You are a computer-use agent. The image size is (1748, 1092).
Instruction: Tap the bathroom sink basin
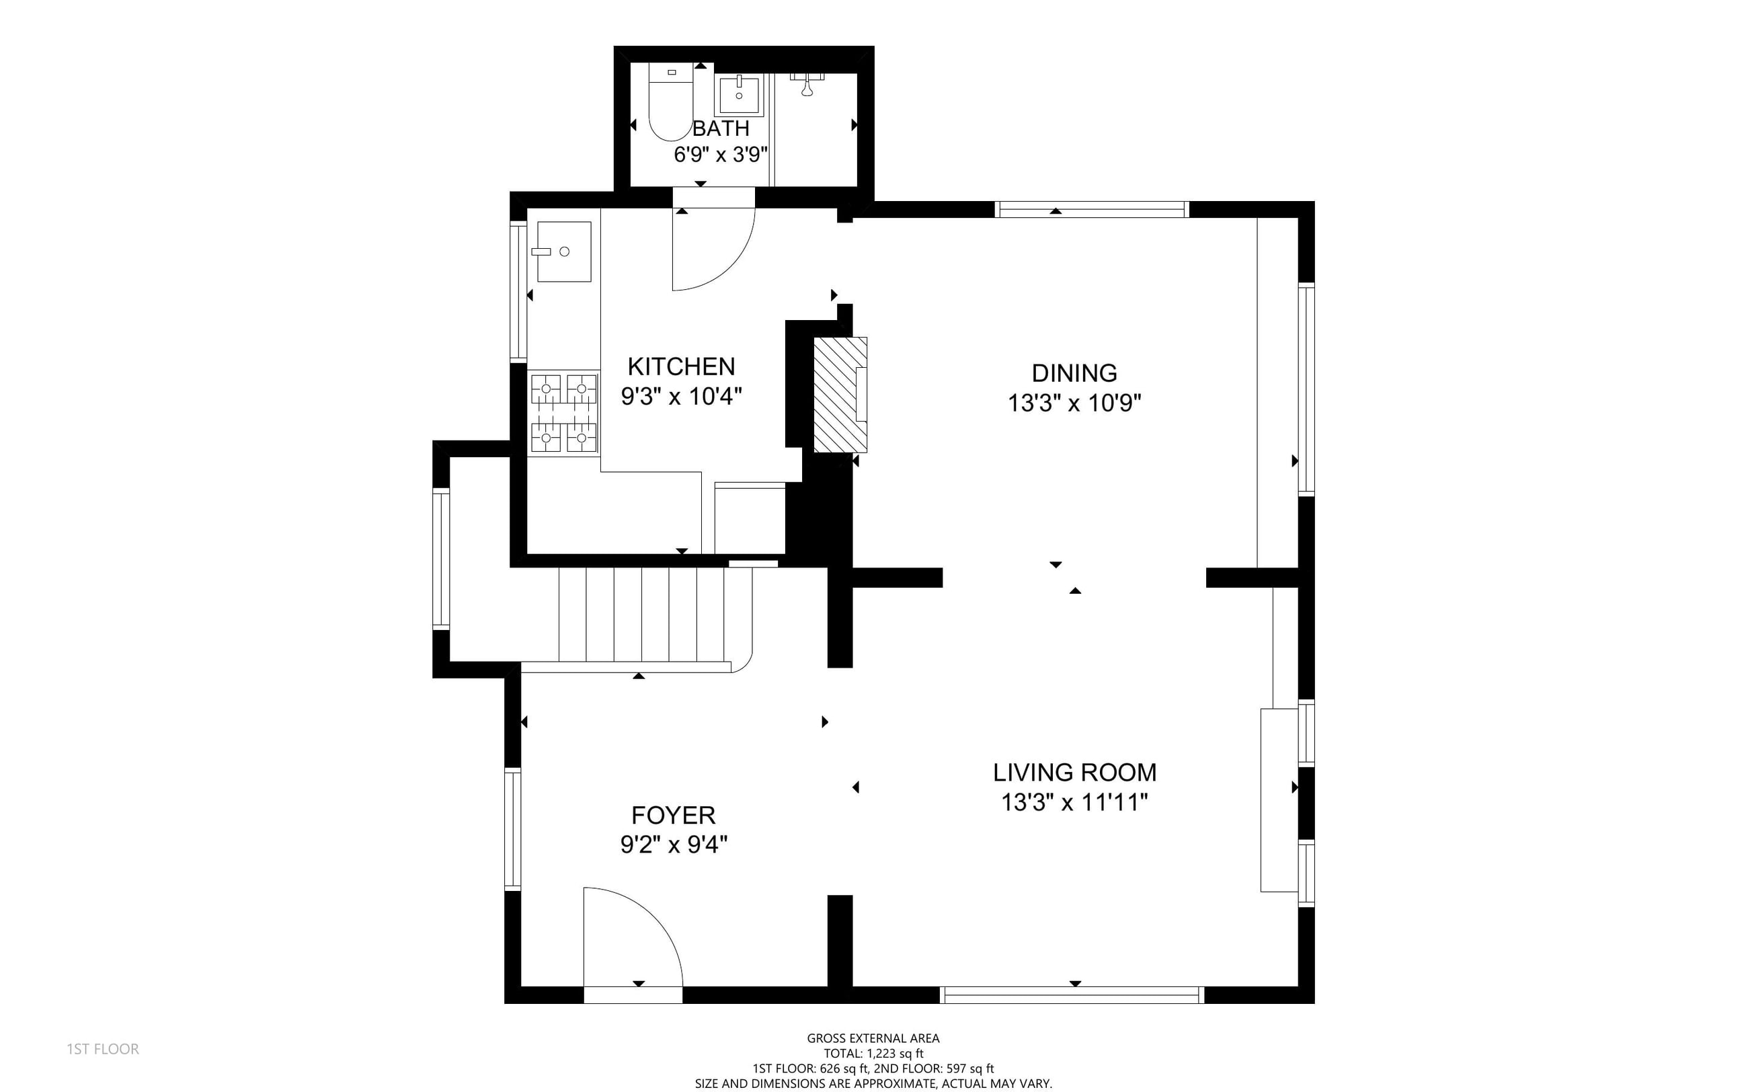(x=739, y=95)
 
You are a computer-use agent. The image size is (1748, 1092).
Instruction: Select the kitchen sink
(x=564, y=251)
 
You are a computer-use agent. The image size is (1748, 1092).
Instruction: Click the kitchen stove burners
(x=564, y=413)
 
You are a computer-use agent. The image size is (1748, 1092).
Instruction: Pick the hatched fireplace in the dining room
(x=840, y=394)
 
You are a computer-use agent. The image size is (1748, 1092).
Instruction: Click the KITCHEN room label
(x=681, y=366)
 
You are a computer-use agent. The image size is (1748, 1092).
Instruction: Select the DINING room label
(x=1074, y=373)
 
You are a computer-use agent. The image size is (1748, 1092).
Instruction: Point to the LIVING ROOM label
(x=1074, y=772)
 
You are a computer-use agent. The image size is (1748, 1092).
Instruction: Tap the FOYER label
(x=673, y=815)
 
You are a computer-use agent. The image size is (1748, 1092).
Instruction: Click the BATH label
(x=721, y=128)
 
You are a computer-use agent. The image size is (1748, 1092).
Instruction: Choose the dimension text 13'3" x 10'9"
(x=1074, y=403)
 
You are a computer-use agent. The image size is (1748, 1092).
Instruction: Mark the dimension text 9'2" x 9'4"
(x=674, y=845)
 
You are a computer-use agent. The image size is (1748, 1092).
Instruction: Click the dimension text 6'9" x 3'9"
(x=721, y=155)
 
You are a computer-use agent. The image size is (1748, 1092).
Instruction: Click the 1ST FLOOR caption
(x=102, y=1049)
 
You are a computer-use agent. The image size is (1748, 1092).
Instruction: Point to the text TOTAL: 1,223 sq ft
(x=873, y=1054)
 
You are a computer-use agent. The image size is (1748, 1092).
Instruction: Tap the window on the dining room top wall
(x=1091, y=209)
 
